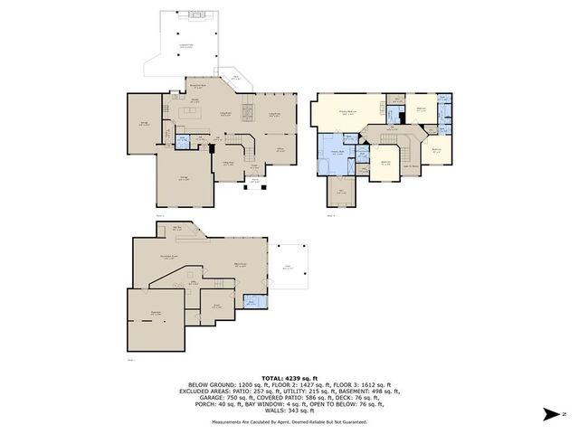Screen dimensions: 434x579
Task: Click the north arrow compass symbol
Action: coord(551,414)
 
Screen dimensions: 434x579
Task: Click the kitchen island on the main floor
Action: coord(192,113)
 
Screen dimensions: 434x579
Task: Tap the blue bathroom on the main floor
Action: coord(182,140)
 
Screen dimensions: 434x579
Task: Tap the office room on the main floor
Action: coord(280,148)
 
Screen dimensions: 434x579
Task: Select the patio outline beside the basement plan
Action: coord(289,267)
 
